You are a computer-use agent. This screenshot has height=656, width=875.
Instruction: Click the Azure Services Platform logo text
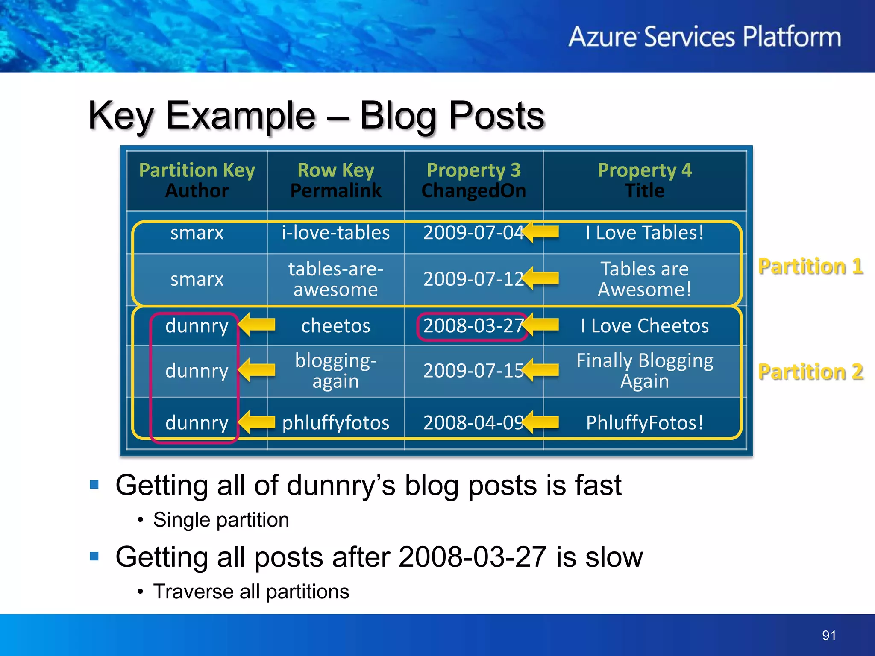[x=704, y=37]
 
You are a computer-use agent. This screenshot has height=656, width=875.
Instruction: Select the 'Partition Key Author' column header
[x=197, y=180]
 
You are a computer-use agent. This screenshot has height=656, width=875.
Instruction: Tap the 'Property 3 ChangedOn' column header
[x=473, y=180]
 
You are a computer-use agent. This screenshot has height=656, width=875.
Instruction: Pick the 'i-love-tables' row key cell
[x=335, y=233]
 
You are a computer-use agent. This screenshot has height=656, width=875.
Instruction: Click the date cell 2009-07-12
[x=472, y=279]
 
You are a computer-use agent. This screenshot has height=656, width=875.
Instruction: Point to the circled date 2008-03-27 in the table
[x=472, y=326]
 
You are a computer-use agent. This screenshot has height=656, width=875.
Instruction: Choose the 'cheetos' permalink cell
[x=335, y=326]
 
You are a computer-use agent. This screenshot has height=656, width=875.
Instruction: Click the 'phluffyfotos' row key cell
[x=335, y=423]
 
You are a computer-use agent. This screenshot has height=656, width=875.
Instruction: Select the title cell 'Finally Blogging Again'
[x=644, y=370]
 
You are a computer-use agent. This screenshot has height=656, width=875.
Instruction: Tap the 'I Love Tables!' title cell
[x=644, y=233]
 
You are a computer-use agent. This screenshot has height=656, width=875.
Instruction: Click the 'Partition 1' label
[x=810, y=266]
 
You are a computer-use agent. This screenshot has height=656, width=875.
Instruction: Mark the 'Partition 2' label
[x=810, y=372]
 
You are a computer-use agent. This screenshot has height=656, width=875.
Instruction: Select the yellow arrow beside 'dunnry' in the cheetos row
[x=257, y=325]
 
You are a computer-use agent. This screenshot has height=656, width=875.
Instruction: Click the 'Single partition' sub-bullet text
[x=221, y=520]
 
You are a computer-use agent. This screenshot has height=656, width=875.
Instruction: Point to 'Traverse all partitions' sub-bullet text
[x=251, y=592]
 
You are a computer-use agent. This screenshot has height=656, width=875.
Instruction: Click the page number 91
[x=829, y=635]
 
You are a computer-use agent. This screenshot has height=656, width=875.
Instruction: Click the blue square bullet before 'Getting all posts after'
[x=94, y=556]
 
